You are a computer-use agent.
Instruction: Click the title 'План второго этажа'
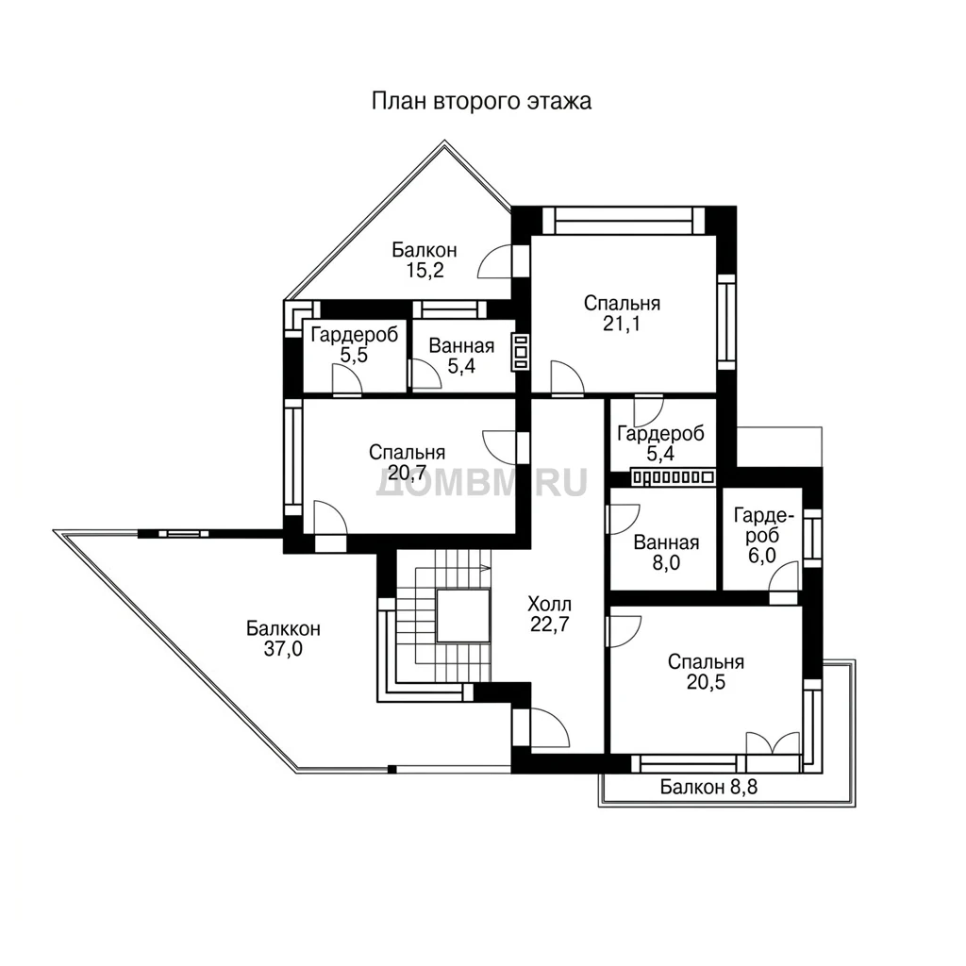click(x=481, y=101)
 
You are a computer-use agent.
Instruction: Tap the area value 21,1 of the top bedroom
click(x=622, y=325)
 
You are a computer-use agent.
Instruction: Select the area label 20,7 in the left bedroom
click(x=407, y=474)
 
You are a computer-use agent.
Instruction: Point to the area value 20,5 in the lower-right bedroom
click(x=706, y=683)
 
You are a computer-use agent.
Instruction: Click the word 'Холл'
click(x=550, y=603)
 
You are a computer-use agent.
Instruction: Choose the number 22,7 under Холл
click(x=550, y=625)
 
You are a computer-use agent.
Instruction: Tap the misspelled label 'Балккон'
click(x=283, y=628)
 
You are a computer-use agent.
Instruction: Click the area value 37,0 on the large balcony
click(x=283, y=649)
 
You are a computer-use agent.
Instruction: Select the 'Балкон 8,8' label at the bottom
click(x=709, y=787)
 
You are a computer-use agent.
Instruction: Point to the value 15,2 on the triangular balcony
click(x=425, y=270)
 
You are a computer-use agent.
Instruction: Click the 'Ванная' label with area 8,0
click(x=666, y=542)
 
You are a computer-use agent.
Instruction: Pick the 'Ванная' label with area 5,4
click(x=461, y=345)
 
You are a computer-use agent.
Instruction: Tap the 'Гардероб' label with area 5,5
click(x=355, y=335)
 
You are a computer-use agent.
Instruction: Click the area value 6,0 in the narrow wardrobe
click(x=762, y=556)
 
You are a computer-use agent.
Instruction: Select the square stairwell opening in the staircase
click(x=462, y=615)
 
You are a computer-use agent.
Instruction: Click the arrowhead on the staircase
click(x=486, y=567)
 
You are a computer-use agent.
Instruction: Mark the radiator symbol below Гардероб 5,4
click(x=673, y=476)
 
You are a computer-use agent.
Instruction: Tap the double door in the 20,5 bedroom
click(x=774, y=743)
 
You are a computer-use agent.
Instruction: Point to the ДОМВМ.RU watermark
click(x=481, y=482)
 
